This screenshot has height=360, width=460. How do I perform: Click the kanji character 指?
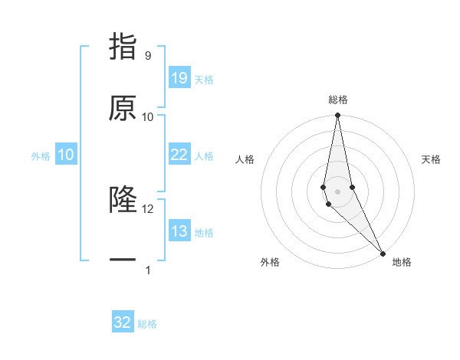(x=123, y=47)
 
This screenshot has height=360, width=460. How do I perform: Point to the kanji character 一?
(x=123, y=260)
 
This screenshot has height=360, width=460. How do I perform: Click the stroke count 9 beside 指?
(x=147, y=56)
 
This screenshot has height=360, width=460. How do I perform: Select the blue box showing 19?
(x=179, y=77)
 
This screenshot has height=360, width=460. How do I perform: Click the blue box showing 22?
(x=179, y=154)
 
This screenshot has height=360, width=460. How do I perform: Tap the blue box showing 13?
(x=179, y=231)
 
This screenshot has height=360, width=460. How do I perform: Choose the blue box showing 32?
(x=123, y=322)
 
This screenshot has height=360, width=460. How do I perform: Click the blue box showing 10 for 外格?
(x=66, y=154)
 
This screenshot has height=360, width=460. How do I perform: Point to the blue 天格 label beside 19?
(x=203, y=79)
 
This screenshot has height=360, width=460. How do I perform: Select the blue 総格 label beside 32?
(x=147, y=324)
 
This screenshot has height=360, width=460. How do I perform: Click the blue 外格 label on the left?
(x=41, y=155)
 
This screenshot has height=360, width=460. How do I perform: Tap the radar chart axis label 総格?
(x=338, y=100)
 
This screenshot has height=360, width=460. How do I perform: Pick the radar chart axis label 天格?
(x=431, y=159)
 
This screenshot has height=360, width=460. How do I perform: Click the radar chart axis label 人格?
(x=245, y=159)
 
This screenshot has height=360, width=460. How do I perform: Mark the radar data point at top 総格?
(x=337, y=116)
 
